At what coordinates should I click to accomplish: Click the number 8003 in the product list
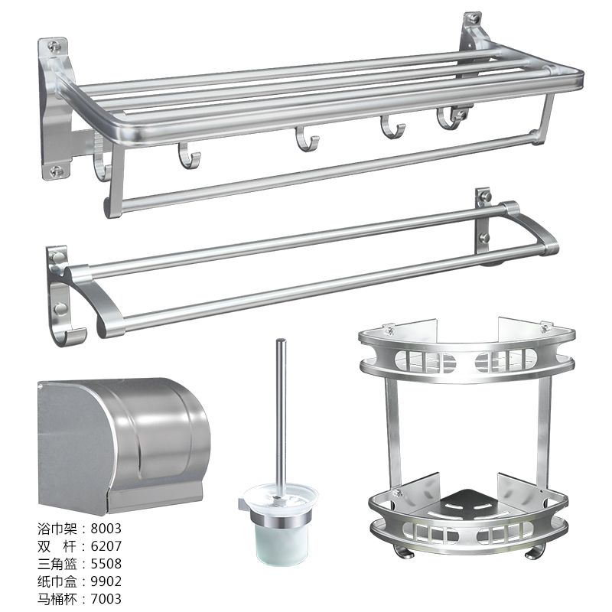(x=106, y=529)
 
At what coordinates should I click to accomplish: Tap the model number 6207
(x=106, y=546)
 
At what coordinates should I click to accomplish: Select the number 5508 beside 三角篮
(x=106, y=564)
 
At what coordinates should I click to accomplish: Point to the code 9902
(x=106, y=581)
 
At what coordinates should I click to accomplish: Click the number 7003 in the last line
(x=106, y=599)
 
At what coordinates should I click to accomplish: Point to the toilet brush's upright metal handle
(x=281, y=418)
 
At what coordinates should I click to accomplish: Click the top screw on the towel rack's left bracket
(x=55, y=47)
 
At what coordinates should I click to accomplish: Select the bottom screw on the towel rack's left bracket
(x=57, y=170)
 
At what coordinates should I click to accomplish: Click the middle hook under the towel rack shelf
(x=307, y=139)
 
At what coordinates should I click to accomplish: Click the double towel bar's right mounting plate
(x=483, y=223)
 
